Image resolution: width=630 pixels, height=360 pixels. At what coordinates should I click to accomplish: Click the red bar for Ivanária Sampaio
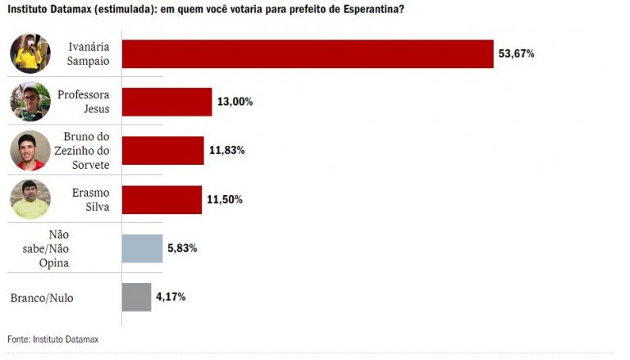click(308, 53)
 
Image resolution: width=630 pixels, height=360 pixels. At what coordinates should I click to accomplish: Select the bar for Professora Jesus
click(167, 102)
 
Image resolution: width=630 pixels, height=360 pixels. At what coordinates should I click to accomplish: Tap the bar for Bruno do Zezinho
click(162, 150)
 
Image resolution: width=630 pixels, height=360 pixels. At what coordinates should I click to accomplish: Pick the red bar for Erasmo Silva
click(162, 199)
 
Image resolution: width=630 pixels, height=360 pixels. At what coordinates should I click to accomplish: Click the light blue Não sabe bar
click(142, 248)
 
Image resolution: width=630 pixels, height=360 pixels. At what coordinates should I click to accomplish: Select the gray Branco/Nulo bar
click(136, 297)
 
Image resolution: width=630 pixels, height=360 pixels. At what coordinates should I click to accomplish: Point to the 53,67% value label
click(516, 53)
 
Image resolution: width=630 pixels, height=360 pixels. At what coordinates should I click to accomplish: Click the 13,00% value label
click(235, 102)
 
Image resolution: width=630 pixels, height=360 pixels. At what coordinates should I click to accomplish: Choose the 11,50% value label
click(225, 199)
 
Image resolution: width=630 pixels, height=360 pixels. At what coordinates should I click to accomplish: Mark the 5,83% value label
click(183, 248)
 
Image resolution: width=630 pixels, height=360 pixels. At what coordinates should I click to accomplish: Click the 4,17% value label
click(171, 297)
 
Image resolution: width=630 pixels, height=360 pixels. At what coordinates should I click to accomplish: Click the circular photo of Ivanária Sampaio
click(30, 53)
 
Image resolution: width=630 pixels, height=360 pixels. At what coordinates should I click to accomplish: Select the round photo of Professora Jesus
click(30, 102)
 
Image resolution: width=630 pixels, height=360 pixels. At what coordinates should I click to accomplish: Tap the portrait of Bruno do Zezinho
click(30, 151)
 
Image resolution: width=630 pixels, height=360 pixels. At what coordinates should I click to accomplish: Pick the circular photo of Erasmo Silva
click(30, 199)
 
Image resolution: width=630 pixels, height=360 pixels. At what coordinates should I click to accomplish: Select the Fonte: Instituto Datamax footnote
click(54, 338)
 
